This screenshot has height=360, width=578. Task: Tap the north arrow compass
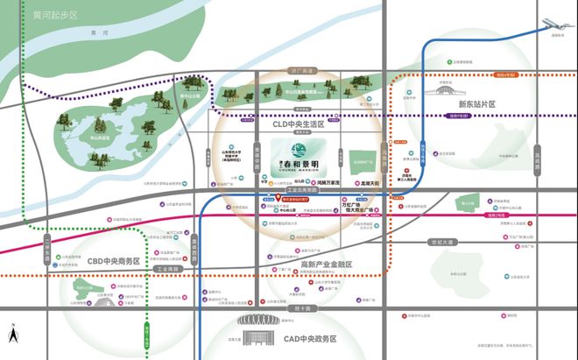coord(13,334)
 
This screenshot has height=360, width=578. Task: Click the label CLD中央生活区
coord(286,125)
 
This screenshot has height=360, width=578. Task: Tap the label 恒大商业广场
coord(359,210)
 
